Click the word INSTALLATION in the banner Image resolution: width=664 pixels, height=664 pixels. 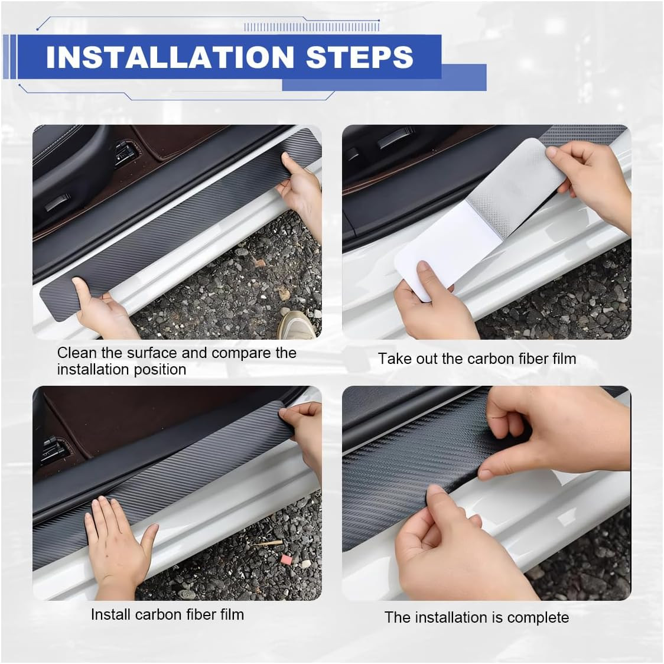170,57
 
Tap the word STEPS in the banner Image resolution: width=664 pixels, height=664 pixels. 359,57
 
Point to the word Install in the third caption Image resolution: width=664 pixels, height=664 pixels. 110,614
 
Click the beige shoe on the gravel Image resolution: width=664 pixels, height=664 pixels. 297,325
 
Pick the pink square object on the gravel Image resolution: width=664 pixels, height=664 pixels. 287,560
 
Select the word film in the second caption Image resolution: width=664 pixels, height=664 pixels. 565,359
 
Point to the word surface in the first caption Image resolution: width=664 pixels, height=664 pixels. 152,353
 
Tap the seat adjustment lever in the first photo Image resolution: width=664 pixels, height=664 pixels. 58,203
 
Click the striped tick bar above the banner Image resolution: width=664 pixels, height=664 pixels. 312,27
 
